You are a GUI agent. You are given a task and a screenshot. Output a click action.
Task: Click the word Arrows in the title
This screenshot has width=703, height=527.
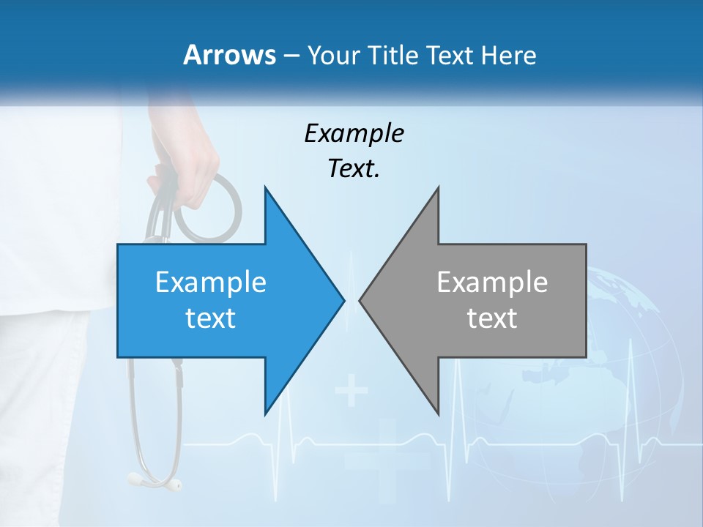(x=229, y=55)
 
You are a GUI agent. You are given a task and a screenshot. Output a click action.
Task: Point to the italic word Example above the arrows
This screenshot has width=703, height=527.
(x=354, y=134)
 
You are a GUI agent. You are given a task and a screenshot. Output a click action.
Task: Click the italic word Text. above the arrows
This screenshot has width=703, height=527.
(x=354, y=169)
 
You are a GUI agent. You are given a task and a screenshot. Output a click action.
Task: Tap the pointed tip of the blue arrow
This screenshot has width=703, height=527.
(x=343, y=300)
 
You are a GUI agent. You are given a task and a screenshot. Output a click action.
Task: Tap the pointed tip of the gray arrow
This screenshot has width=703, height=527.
(x=361, y=300)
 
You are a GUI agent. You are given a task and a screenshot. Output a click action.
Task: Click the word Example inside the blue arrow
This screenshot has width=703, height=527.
(x=211, y=283)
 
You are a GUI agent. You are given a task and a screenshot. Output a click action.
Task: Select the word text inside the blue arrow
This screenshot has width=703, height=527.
(x=211, y=318)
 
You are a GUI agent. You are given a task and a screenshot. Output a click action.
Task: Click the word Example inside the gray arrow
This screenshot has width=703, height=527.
(x=492, y=283)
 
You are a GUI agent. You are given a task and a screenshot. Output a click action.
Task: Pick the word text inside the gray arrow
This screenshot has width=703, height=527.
(x=492, y=318)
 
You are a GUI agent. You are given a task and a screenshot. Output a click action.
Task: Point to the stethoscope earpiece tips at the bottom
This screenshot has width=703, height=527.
(x=154, y=481)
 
